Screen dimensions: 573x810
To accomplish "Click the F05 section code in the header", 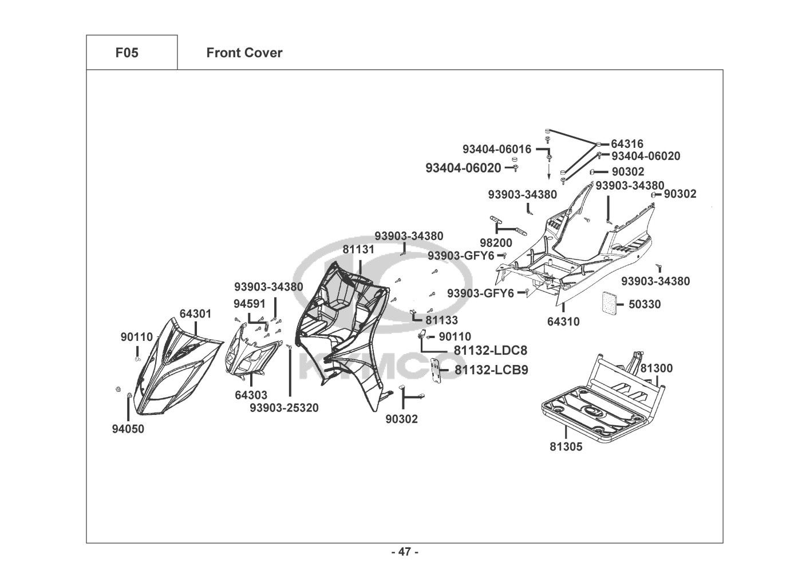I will [127, 53].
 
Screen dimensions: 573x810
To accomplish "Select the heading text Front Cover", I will [244, 53].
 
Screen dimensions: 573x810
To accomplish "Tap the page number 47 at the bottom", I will [405, 552].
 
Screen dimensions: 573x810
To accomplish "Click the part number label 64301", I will [195, 314].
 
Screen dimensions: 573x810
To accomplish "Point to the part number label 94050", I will [128, 429].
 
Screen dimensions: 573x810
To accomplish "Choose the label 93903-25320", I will [284, 408].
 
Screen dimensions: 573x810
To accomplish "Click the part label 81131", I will [359, 250].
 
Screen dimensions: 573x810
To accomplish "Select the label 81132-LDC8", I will [491, 351].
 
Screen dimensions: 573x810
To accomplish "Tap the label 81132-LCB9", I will [491, 370].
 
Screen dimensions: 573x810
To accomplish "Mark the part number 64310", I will [563, 322].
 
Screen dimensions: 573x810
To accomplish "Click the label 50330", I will [645, 304].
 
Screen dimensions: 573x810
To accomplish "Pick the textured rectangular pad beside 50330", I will [611, 302].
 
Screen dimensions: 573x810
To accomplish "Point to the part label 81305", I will [566, 446].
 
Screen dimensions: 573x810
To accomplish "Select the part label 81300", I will [656, 368].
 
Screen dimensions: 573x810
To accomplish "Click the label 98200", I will [496, 244].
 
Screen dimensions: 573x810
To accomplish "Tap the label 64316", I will [627, 144].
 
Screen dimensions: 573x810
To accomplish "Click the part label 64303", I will [251, 395].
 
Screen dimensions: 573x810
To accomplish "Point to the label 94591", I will [249, 303].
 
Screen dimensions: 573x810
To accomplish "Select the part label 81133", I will [441, 320].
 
